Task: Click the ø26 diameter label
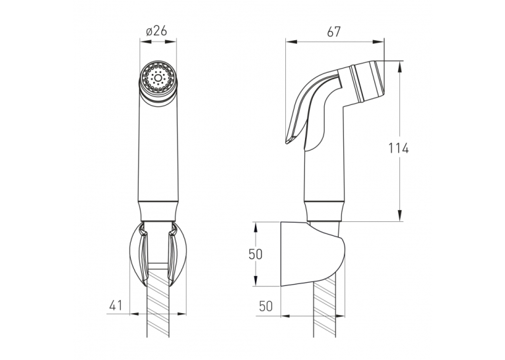(x=156, y=31)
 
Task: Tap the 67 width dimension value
(x=333, y=32)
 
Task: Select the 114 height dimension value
(x=398, y=148)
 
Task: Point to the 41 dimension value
(x=116, y=305)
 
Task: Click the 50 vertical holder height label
(x=255, y=254)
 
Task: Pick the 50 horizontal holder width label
(x=266, y=306)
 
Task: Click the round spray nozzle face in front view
(x=158, y=78)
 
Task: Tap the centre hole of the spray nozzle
(x=158, y=78)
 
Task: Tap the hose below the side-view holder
(x=325, y=309)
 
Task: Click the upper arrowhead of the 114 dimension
(x=399, y=67)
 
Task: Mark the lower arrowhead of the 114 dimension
(x=399, y=215)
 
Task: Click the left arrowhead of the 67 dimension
(x=292, y=42)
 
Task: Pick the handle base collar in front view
(x=158, y=211)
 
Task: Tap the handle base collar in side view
(x=325, y=211)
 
